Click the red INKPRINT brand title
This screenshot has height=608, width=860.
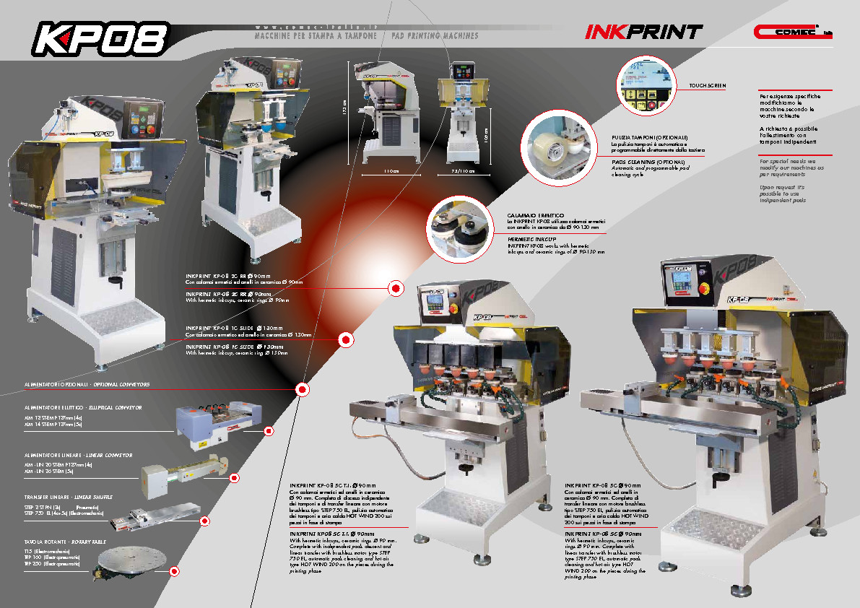[643, 32]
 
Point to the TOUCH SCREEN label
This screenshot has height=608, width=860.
[707, 86]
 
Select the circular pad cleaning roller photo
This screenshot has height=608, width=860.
[557, 145]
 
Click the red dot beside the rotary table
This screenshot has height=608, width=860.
[174, 571]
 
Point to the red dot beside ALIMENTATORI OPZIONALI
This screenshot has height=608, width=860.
[303, 391]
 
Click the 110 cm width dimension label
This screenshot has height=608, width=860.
[391, 171]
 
